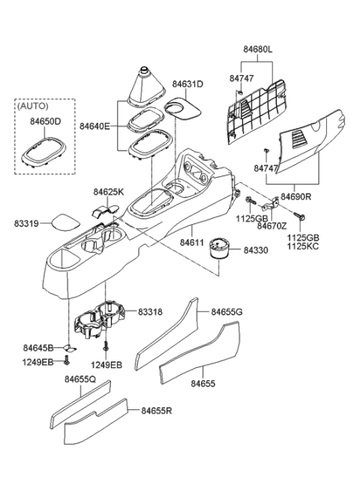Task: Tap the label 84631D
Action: (x=187, y=85)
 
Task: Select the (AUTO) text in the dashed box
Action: (x=35, y=106)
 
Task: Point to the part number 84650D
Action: (x=44, y=121)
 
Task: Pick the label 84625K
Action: (x=109, y=193)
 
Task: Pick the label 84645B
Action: (x=38, y=348)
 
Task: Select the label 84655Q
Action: (x=79, y=380)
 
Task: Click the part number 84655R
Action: (x=157, y=411)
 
